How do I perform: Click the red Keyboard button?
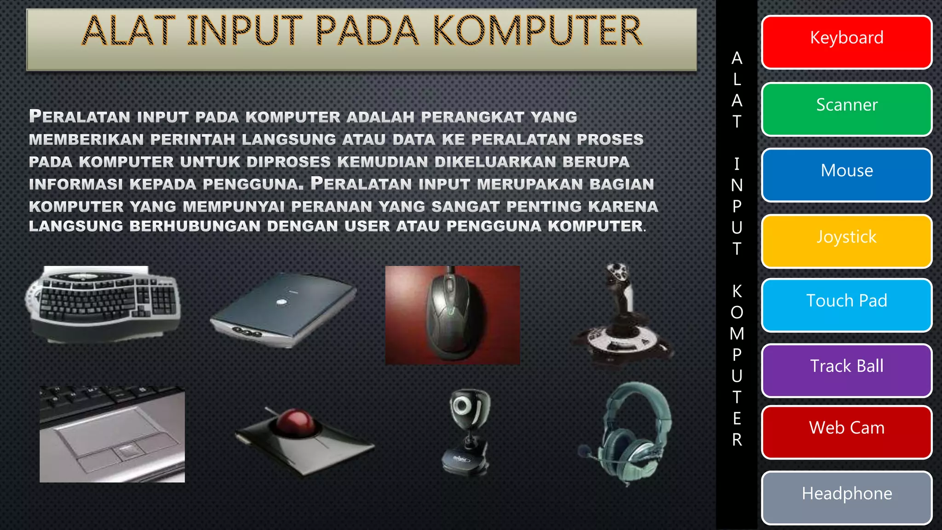tap(846, 42)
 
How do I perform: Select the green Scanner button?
tap(846, 109)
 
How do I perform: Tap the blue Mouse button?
tap(846, 175)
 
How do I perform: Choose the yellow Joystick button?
tap(846, 241)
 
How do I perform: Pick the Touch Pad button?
tap(846, 305)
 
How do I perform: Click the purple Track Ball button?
tap(846, 370)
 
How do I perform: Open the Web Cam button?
tap(846, 432)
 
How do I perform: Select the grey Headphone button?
tap(846, 497)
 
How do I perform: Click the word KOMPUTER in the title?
tap(537, 31)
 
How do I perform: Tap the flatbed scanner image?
tap(283, 311)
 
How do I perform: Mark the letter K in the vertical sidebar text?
tap(737, 291)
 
